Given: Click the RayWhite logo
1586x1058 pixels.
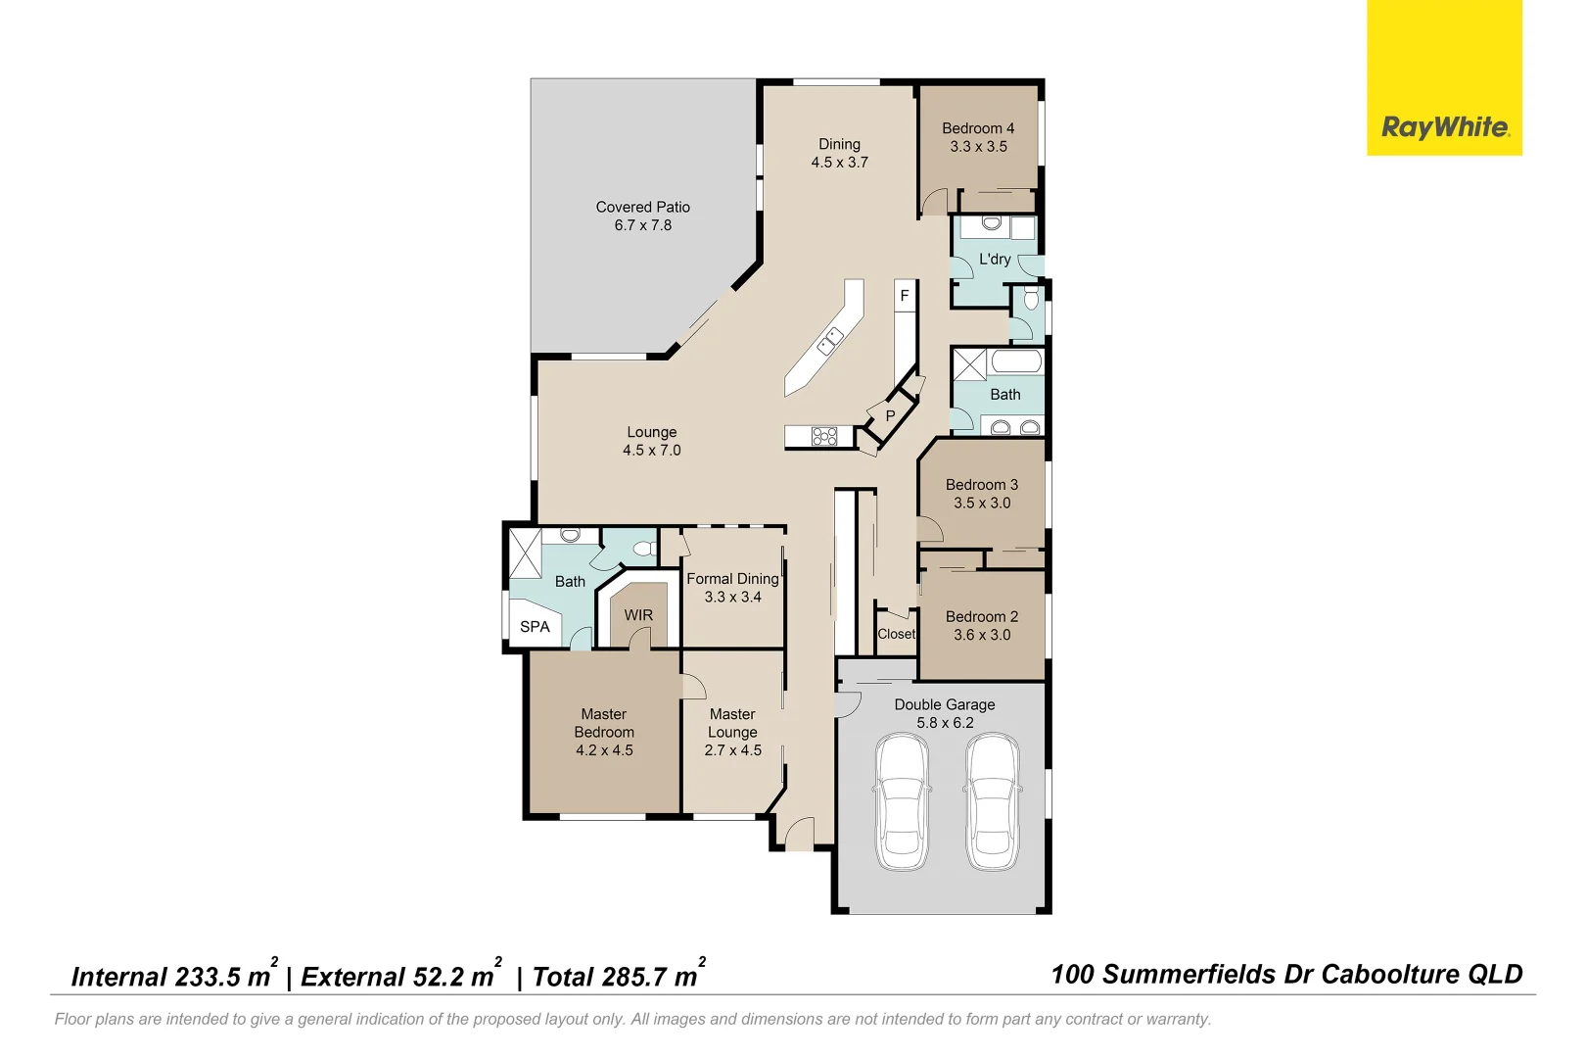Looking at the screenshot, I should tap(1444, 127).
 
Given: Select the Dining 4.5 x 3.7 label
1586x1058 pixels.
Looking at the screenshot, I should tap(839, 154).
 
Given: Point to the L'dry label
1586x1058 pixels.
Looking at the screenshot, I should tap(994, 260).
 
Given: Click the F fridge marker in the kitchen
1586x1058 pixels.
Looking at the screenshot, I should tap(905, 296).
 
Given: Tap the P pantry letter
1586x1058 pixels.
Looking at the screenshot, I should tap(890, 416).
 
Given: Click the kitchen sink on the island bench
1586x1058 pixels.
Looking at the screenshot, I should tap(830, 340).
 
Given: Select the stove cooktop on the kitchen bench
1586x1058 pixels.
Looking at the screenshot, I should tap(824, 436).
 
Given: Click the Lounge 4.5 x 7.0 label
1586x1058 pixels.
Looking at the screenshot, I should tap(651, 441).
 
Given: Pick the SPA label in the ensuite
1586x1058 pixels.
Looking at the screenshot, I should tap(535, 627).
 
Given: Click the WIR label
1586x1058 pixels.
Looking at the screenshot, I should tap(638, 615).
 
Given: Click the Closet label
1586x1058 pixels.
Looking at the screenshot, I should tap(896, 634).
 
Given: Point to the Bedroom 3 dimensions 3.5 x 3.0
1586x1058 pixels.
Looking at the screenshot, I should tap(982, 504).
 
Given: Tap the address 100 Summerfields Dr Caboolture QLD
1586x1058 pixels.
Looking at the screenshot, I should tap(1286, 975).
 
